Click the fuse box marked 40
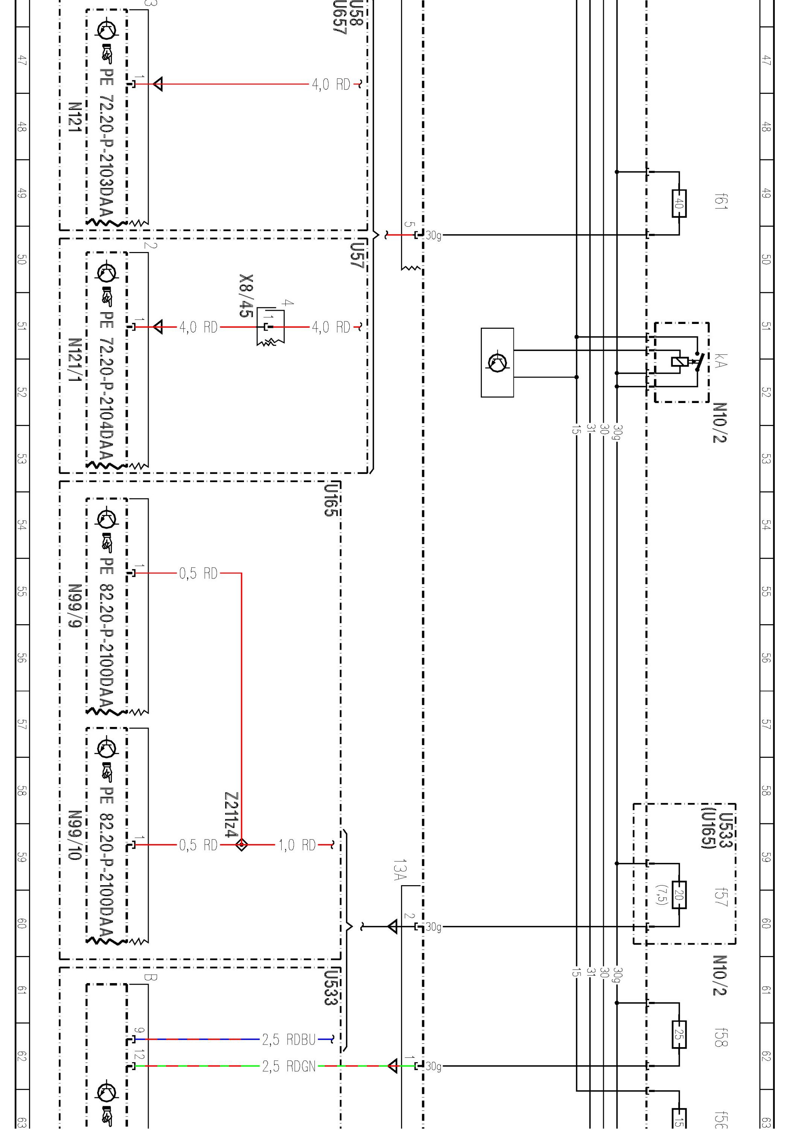tap(679, 203)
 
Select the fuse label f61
tap(721, 202)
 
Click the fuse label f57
tap(721, 897)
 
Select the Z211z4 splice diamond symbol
tap(242, 845)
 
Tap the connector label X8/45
tap(246, 295)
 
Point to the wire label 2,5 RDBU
tap(289, 1040)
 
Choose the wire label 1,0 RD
tap(297, 845)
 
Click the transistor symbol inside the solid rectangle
tap(497, 362)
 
